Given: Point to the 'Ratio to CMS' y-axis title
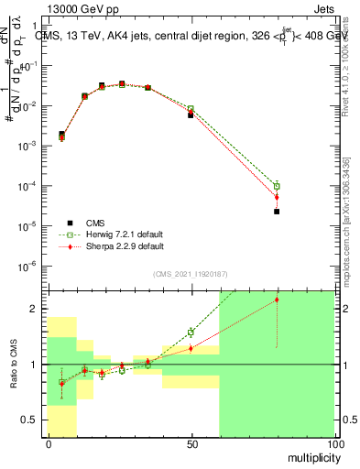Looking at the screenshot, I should click(x=14, y=364).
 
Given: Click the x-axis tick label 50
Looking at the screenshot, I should click(x=191, y=443).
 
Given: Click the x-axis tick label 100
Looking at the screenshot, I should click(x=333, y=443).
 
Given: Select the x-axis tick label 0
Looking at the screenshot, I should click(x=48, y=443).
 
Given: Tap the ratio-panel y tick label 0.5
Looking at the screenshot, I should click(x=28, y=420).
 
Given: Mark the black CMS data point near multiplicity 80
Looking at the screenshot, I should click(x=277, y=212).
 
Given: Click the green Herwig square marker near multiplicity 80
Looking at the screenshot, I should click(x=277, y=186).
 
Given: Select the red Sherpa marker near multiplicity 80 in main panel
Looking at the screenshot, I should click(x=277, y=197).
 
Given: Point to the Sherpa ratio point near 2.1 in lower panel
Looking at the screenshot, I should click(x=277, y=300).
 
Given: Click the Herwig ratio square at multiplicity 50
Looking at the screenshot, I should click(x=191, y=332).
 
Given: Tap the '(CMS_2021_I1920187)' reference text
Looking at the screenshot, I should click(x=191, y=273).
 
